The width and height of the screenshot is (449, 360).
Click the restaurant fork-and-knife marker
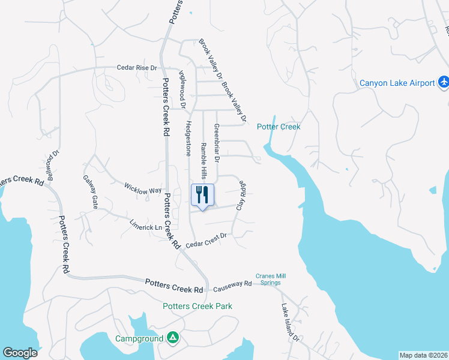point(202,195)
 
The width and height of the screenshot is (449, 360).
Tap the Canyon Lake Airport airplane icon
point(443,82)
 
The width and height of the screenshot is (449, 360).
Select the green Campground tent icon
point(172,338)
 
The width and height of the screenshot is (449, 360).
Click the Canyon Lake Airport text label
point(397,83)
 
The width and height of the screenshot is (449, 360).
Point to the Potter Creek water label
point(279,127)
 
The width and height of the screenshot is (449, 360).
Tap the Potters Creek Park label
point(197,306)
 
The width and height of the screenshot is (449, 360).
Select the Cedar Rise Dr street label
point(136,68)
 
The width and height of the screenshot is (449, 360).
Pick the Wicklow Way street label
point(143,188)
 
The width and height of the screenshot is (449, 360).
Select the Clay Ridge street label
point(242,195)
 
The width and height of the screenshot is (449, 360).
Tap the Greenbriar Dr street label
point(217,144)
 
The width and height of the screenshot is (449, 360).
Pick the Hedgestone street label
point(188,139)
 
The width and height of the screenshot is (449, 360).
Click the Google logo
point(20,353)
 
